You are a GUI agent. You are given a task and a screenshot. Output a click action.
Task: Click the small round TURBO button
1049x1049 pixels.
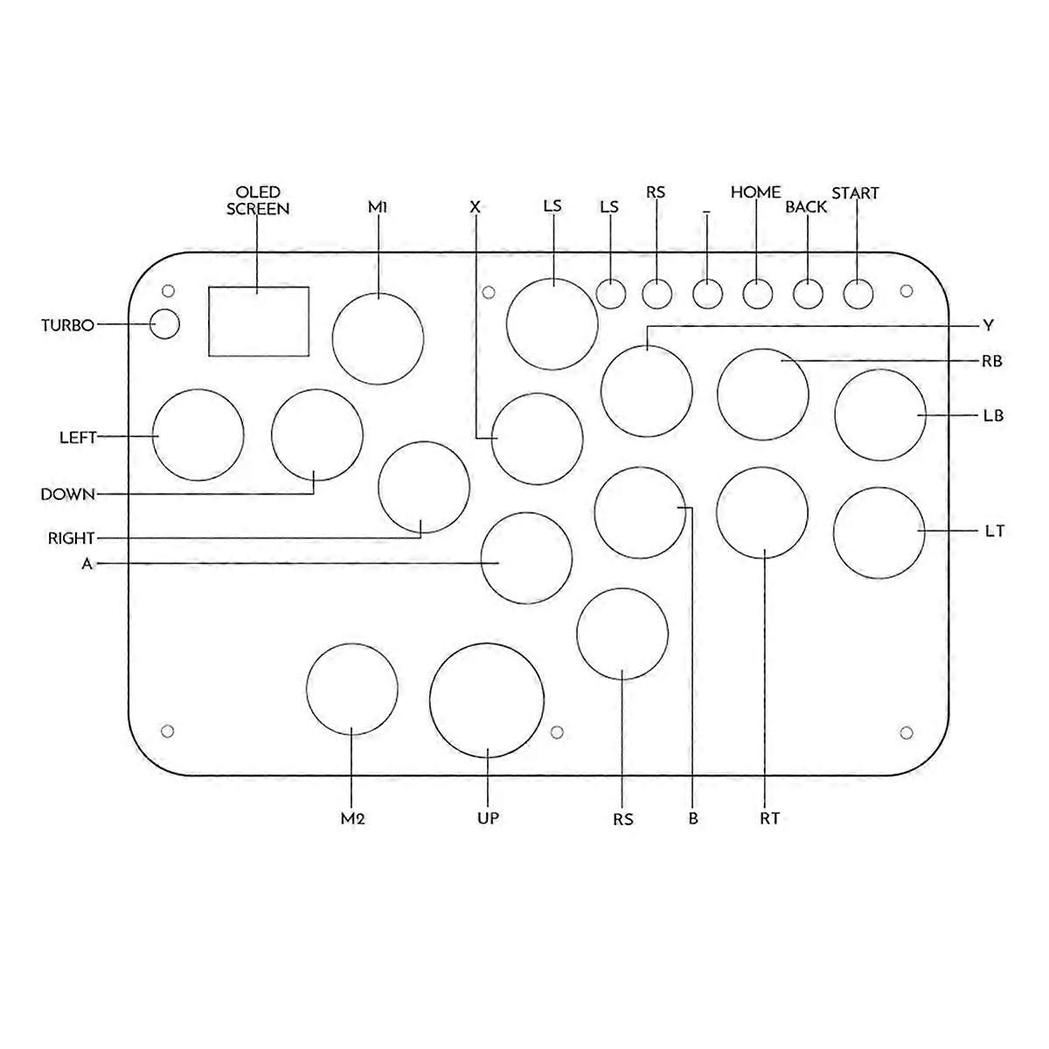164,324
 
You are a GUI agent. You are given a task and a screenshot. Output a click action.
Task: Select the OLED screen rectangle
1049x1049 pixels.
259,321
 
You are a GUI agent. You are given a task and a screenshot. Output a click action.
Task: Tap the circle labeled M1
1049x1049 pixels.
379,338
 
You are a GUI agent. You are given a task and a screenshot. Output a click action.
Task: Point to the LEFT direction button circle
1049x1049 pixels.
198,434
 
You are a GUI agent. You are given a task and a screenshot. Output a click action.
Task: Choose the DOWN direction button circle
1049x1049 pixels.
316,434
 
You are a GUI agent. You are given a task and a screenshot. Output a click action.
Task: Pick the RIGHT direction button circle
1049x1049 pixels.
424,488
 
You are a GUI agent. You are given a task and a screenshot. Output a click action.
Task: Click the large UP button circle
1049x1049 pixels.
487,699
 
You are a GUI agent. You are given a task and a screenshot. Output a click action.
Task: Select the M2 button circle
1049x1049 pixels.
352,688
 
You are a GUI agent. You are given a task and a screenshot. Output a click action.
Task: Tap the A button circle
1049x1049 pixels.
527,559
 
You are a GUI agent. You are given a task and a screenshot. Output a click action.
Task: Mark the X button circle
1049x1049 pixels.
537,439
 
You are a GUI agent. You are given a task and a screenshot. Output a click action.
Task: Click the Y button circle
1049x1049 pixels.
647,391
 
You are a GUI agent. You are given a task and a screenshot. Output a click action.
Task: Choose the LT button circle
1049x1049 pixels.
879,532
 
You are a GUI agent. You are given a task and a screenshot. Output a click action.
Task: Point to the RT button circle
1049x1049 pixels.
762,512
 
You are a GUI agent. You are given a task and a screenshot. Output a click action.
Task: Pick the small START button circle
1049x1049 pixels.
858,294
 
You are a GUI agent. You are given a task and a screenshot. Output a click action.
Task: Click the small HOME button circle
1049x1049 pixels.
758,294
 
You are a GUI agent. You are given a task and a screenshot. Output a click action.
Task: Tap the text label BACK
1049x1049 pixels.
806,208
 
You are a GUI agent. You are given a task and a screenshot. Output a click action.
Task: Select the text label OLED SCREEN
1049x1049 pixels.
258,200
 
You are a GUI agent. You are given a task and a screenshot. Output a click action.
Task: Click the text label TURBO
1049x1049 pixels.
67,326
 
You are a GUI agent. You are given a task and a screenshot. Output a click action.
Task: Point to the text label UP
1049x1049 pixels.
488,818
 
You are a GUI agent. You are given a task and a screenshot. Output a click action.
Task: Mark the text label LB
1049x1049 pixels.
992,416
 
